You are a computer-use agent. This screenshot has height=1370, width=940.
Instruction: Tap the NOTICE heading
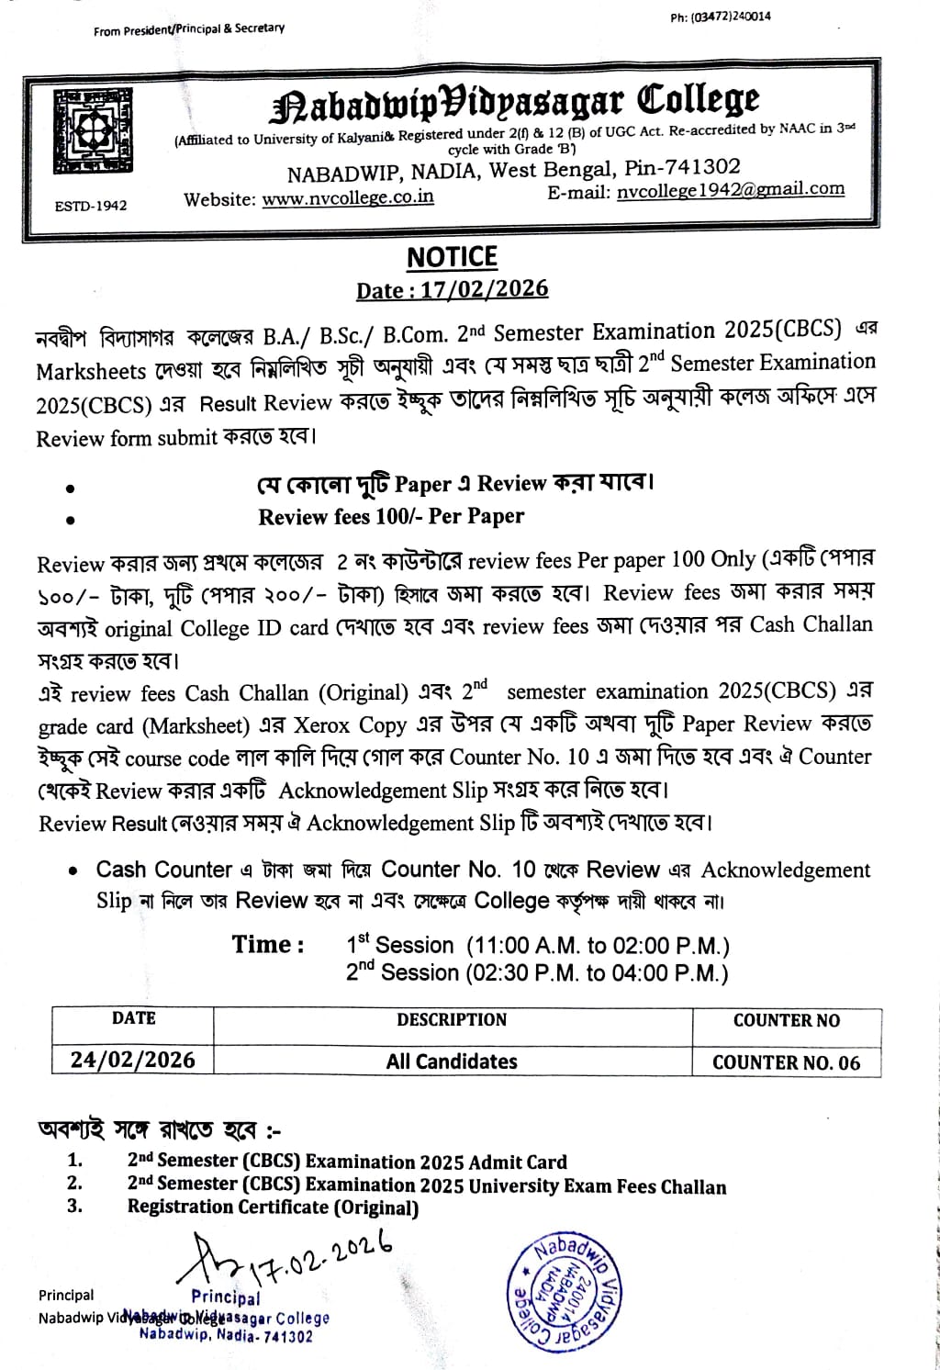click(452, 257)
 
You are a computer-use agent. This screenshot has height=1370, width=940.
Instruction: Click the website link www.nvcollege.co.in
click(348, 198)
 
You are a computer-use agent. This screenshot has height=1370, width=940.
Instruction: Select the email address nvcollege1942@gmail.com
click(731, 189)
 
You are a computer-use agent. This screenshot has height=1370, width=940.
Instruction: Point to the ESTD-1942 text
click(91, 206)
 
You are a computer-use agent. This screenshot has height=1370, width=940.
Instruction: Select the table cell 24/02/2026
click(133, 1060)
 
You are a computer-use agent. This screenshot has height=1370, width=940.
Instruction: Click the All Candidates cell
click(452, 1061)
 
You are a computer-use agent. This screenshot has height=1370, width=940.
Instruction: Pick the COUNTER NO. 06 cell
click(786, 1062)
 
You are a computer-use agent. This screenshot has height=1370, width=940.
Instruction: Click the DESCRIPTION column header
click(452, 1020)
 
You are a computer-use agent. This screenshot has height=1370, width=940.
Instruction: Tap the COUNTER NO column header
click(786, 1020)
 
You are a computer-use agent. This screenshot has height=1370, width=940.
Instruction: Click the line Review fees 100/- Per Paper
click(391, 516)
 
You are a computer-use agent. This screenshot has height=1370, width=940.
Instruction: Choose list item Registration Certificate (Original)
click(273, 1207)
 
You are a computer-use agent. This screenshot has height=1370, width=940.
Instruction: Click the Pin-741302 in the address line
click(682, 167)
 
